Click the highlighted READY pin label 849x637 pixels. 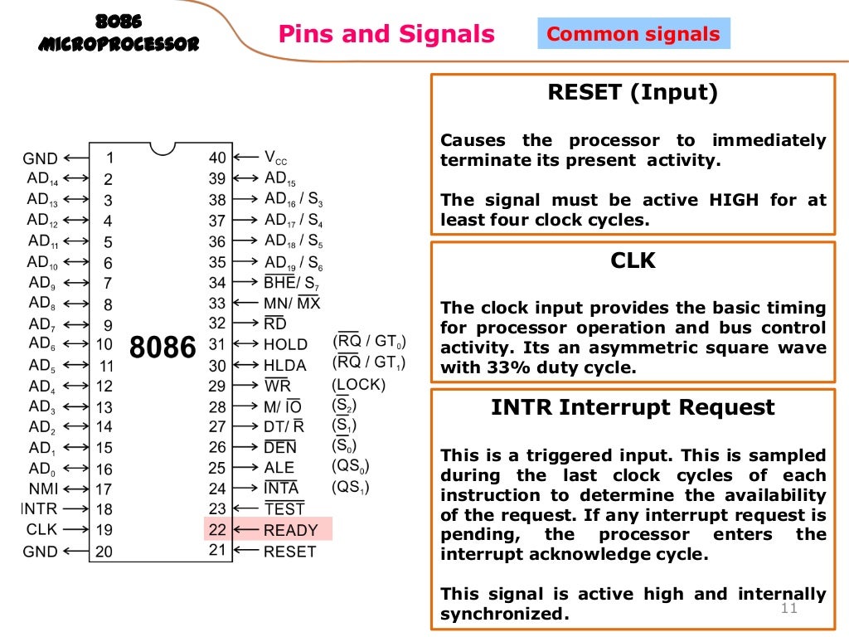point(290,530)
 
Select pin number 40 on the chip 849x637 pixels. point(217,158)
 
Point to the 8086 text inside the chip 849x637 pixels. point(163,347)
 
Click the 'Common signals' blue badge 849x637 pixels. point(633,35)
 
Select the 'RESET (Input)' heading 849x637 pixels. point(633,93)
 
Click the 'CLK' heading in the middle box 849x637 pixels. point(633,261)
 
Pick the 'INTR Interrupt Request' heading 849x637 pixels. point(633,407)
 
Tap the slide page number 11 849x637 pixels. point(788,610)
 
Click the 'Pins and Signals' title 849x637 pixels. point(386,35)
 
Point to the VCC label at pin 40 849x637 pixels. point(276,158)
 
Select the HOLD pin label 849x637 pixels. point(285,344)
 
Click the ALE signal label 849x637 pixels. point(279,468)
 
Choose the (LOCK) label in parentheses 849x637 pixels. point(358,385)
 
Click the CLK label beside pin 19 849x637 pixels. point(41,529)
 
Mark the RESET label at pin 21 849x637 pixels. point(289,551)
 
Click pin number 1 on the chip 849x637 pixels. point(109,158)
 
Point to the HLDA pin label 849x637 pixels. point(284,365)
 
